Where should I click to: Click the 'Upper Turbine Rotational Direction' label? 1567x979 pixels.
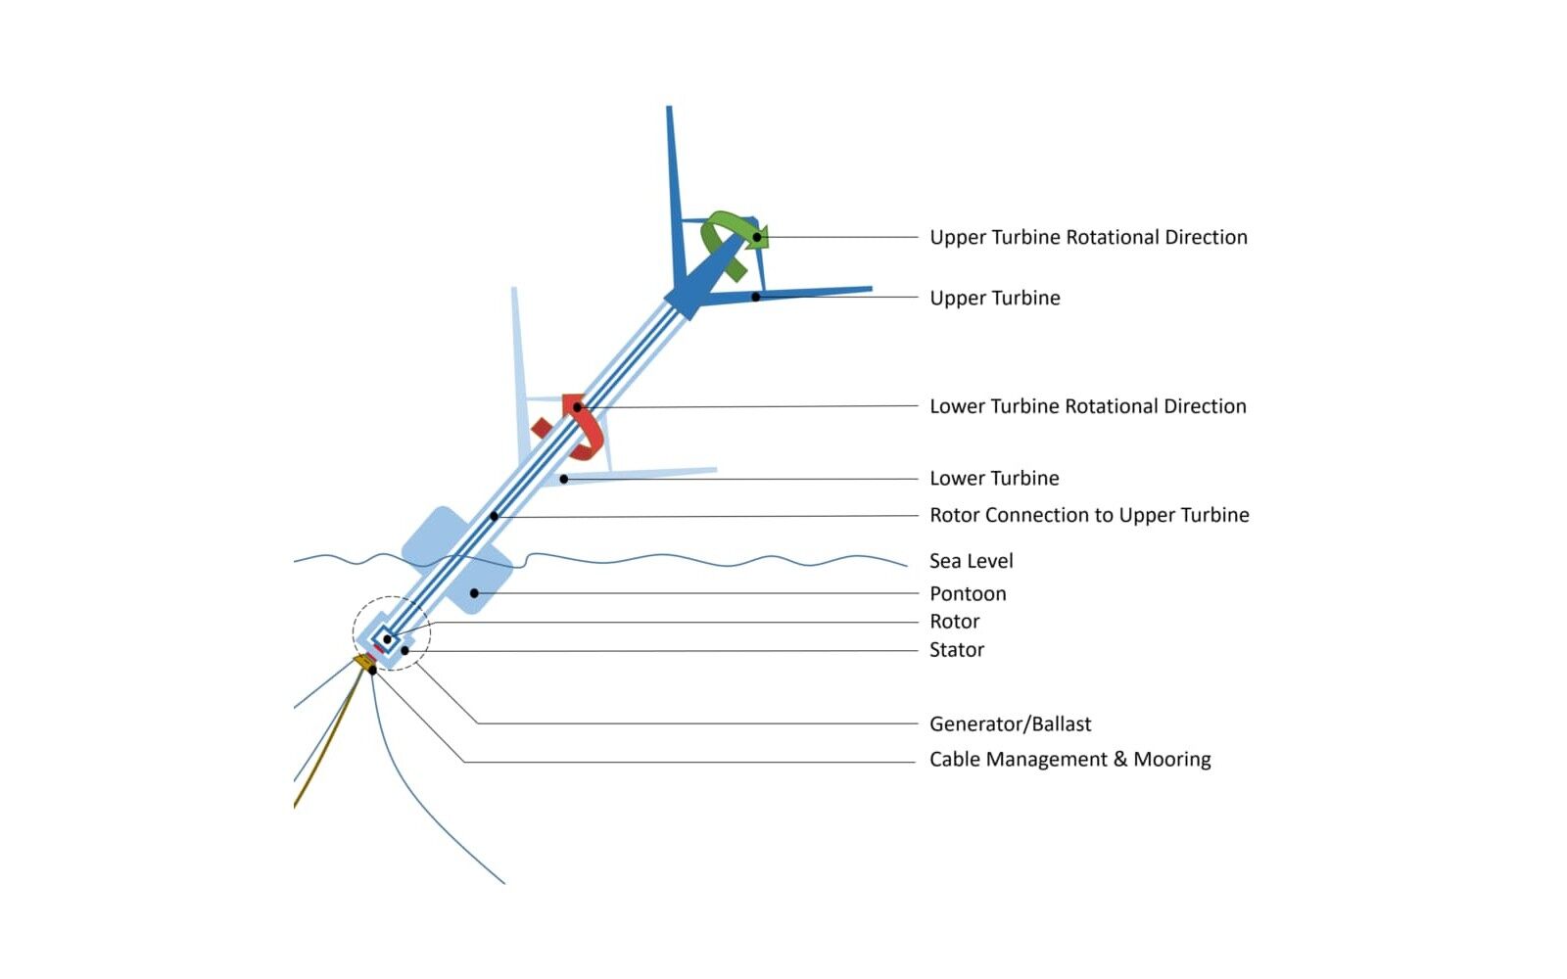coord(1088,238)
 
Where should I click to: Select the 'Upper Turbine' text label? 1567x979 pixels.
coord(995,298)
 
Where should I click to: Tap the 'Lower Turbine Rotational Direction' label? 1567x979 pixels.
coord(1088,406)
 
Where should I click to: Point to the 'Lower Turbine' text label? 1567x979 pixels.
coord(994,479)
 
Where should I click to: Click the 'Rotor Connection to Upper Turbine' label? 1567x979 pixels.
coord(1089,515)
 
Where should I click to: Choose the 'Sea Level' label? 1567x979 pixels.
coord(971,561)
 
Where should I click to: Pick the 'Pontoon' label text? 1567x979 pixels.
coord(968,593)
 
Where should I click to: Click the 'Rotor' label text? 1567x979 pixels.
coord(954,622)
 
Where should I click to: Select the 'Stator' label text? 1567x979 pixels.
coord(956,650)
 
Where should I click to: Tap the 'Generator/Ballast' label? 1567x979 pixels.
coord(1010,724)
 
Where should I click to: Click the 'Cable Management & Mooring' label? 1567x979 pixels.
coord(1069,760)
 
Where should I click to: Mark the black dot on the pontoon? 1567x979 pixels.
coord(474,593)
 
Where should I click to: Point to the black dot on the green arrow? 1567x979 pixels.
coord(757,238)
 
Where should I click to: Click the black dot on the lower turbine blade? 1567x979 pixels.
coord(564,480)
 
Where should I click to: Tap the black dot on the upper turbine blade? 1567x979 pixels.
coord(756,298)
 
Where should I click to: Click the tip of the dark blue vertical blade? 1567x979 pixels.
coord(669,107)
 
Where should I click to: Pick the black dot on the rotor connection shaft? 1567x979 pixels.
coord(494,517)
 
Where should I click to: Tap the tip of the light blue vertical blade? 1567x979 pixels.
coord(514,288)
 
